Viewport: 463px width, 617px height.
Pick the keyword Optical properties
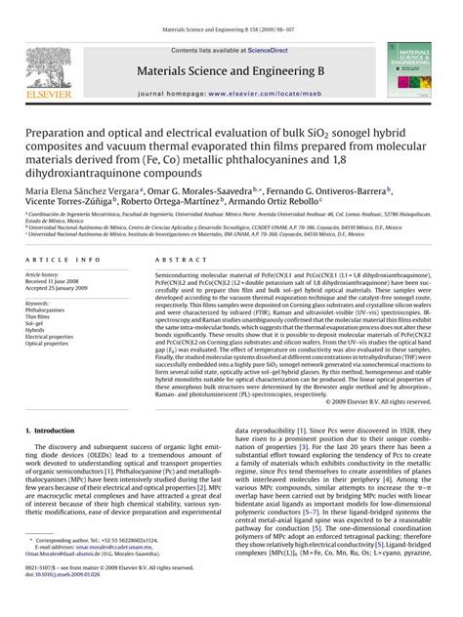[x=47, y=344]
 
